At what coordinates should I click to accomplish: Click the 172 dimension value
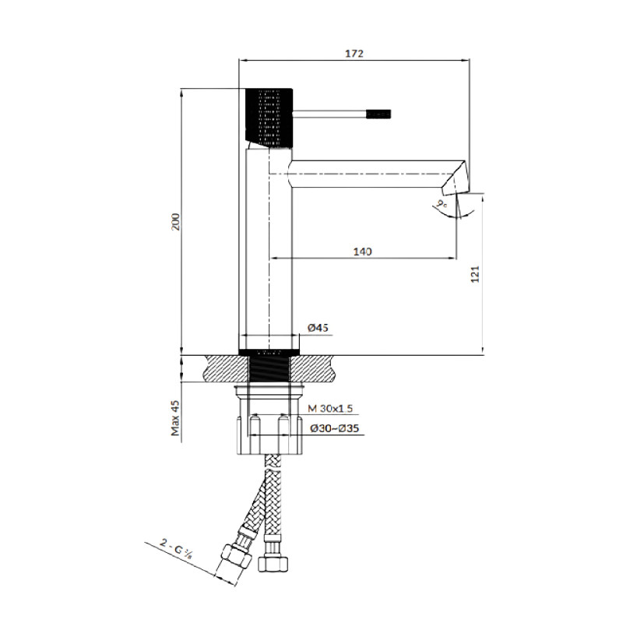pyautogui.click(x=354, y=53)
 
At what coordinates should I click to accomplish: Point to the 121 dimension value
pyautogui.click(x=476, y=274)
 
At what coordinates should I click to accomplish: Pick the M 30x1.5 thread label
pyautogui.click(x=332, y=409)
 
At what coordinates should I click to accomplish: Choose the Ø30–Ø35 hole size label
pyautogui.click(x=333, y=428)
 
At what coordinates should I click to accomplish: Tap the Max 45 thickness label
pyautogui.click(x=176, y=418)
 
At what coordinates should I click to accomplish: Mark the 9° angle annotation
pyautogui.click(x=443, y=204)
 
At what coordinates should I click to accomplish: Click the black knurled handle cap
pyautogui.click(x=269, y=118)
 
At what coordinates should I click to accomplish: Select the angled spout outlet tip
pyautogui.click(x=456, y=180)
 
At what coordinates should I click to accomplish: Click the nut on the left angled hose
pyautogui.click(x=234, y=554)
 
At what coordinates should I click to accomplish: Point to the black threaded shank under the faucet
pyautogui.click(x=269, y=366)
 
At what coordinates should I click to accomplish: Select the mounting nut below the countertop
pyautogui.click(x=269, y=432)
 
